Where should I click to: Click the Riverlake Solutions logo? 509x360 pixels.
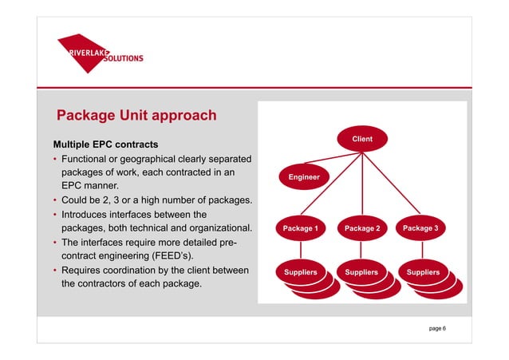(x=100, y=53)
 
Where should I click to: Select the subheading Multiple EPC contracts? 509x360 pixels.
(x=98, y=145)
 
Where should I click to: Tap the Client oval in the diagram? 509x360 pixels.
(x=362, y=140)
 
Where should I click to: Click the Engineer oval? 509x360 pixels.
(x=304, y=176)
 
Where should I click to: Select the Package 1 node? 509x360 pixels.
(x=301, y=229)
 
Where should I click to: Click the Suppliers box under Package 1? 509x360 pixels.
(x=300, y=273)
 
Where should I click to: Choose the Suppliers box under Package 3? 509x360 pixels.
(x=422, y=273)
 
